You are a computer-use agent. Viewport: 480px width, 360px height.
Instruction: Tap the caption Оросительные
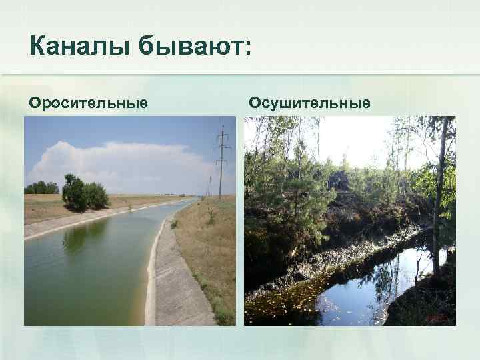(x=87, y=103)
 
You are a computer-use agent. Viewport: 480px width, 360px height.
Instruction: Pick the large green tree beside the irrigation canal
(x=84, y=193)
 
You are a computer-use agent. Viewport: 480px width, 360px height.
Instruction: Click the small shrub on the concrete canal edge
(x=174, y=224)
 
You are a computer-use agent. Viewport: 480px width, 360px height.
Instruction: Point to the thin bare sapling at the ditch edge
(x=417, y=270)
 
